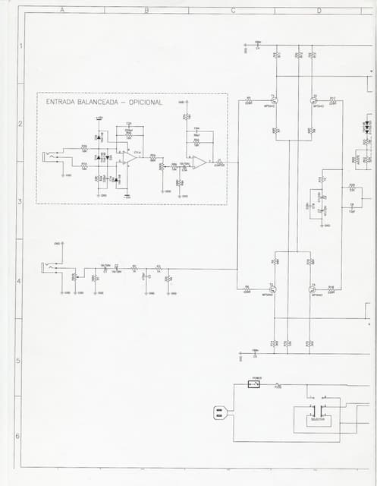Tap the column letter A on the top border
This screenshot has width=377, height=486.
point(61,11)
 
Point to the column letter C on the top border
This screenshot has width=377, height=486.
point(233,11)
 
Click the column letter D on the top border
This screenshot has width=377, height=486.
point(319,11)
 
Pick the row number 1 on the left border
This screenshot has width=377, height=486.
point(20,46)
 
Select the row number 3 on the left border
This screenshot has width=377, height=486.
point(20,201)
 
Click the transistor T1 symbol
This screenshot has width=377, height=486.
point(275,101)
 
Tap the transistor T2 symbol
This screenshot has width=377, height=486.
point(313,101)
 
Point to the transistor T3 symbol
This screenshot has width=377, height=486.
point(275,289)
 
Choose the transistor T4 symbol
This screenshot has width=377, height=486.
point(313,289)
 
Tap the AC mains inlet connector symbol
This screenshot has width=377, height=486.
point(220,413)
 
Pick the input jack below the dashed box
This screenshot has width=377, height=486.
point(53,267)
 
